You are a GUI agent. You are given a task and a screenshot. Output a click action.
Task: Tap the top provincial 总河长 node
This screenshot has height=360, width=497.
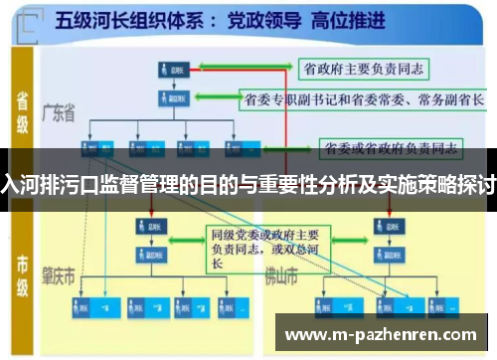171,70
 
